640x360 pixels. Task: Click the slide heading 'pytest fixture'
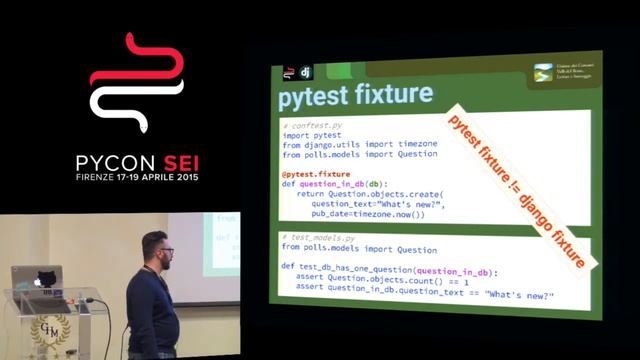[x=355, y=96]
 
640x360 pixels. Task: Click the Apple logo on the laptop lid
[x=38, y=281]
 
